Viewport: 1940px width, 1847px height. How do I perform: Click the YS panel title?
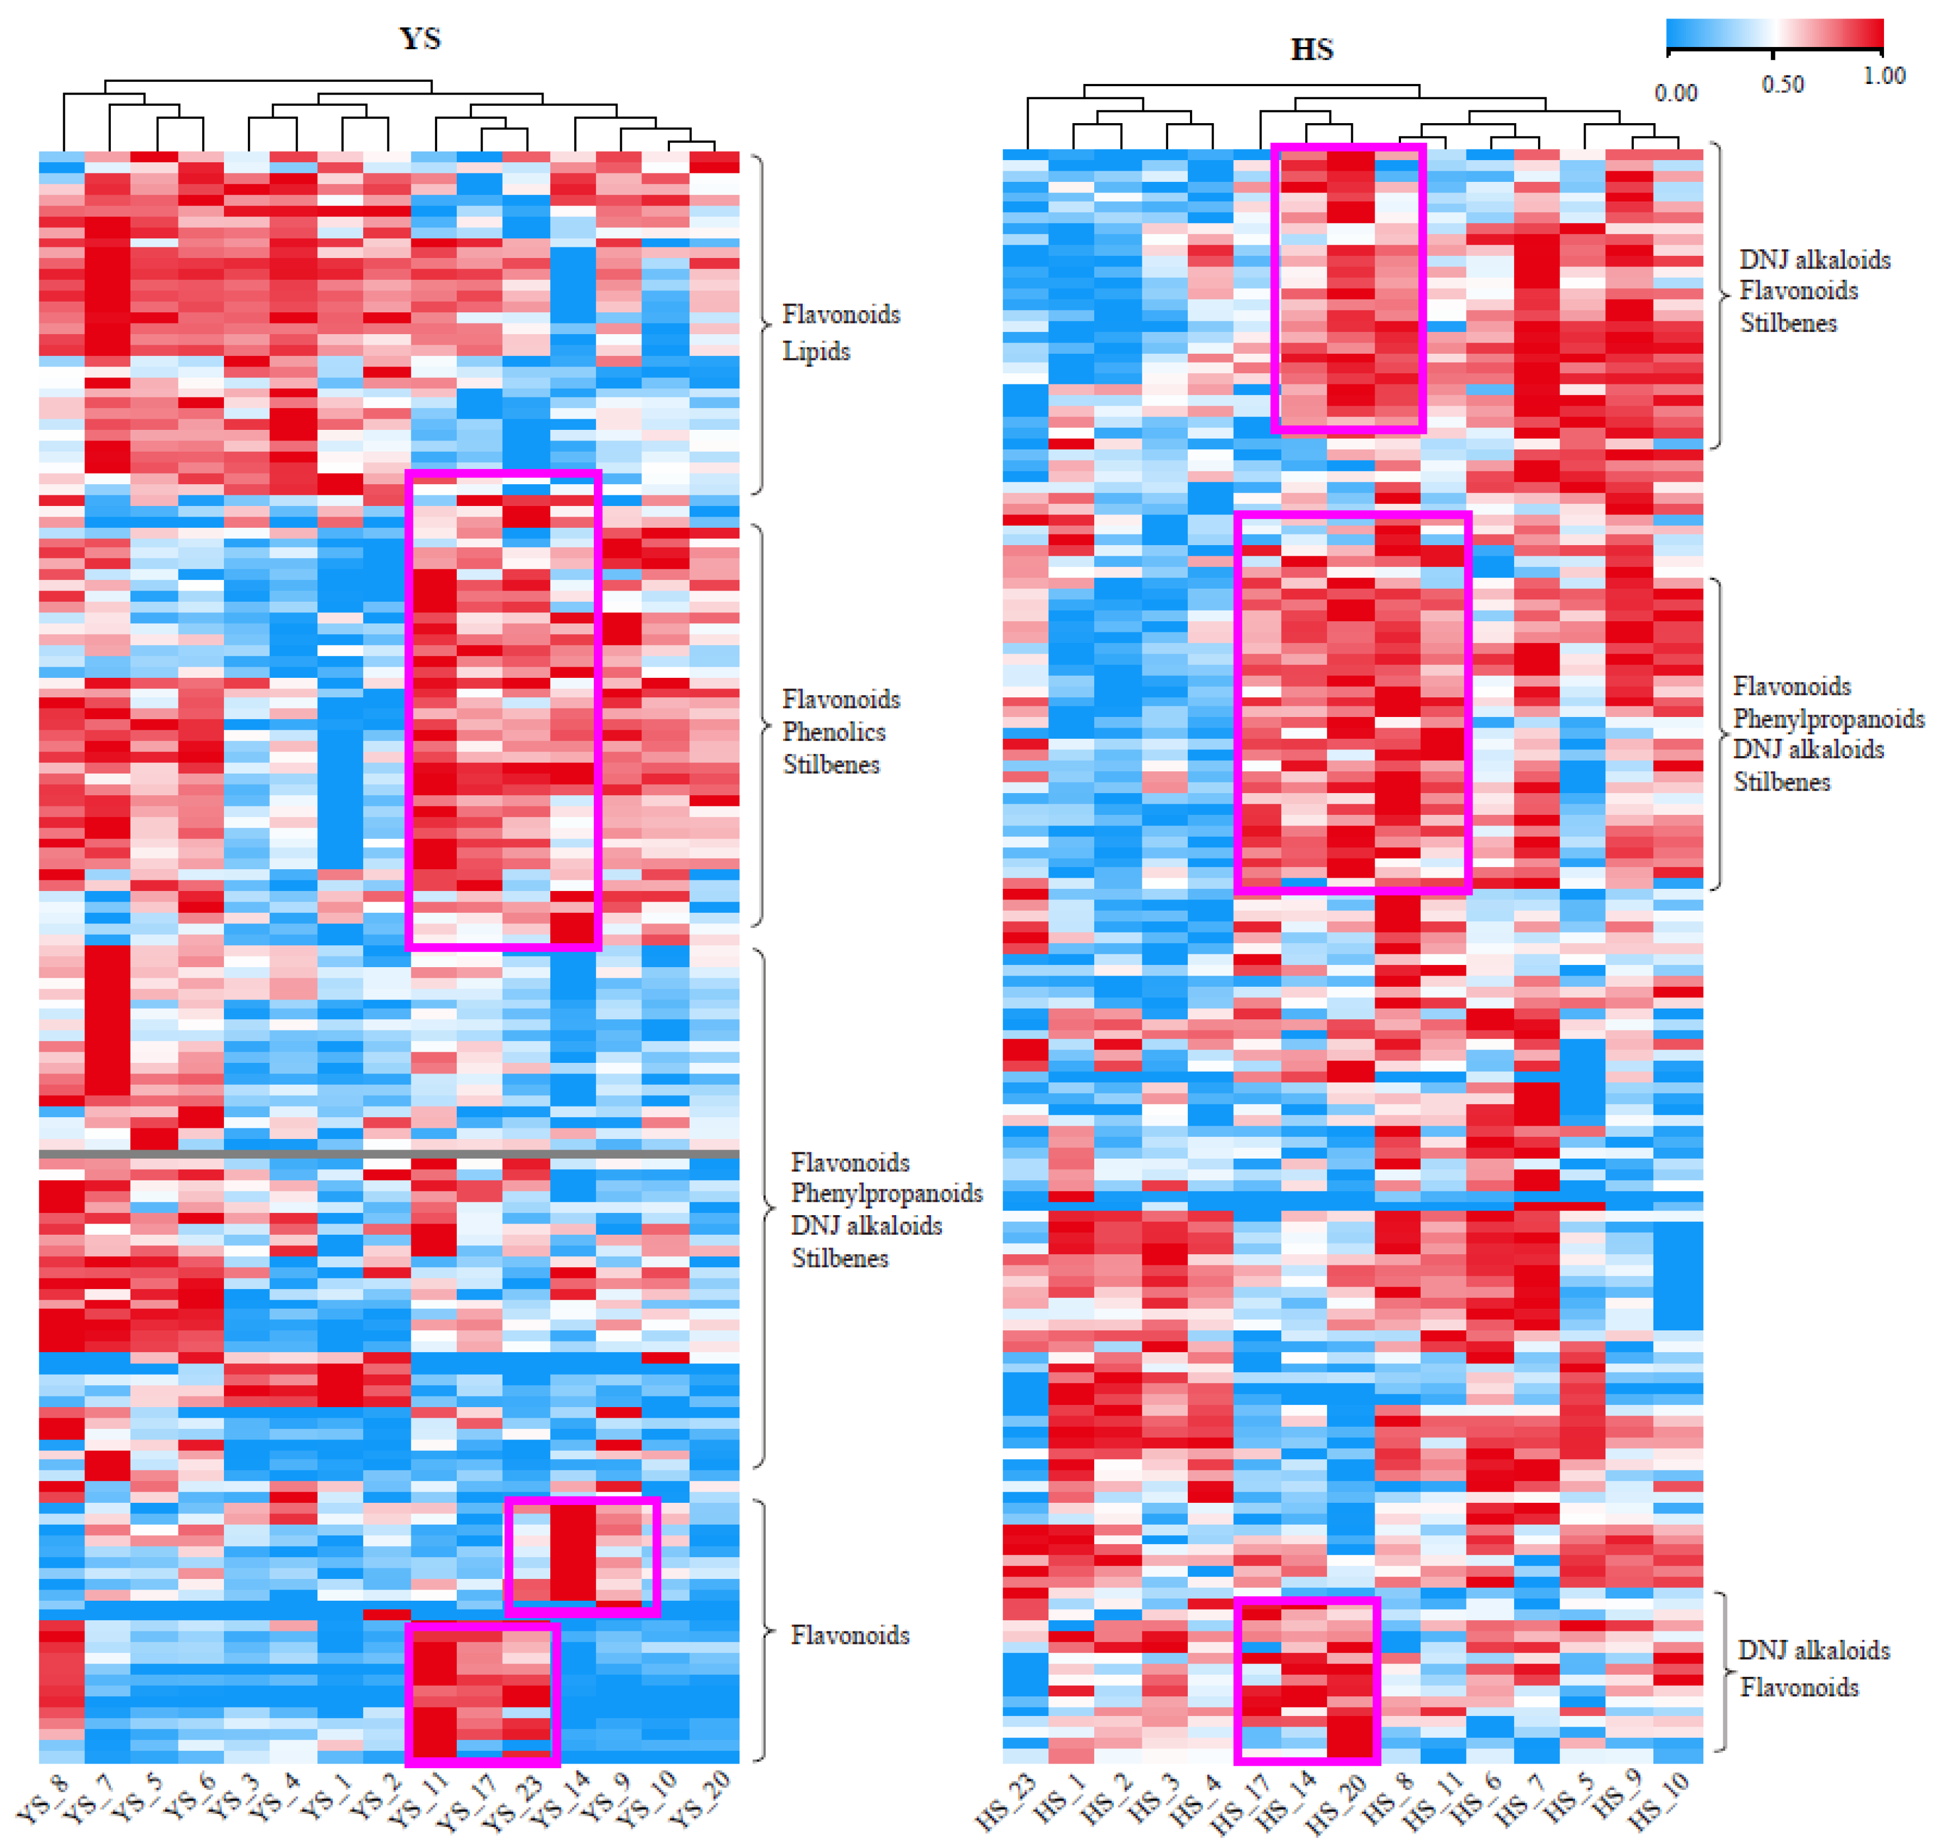pos(420,39)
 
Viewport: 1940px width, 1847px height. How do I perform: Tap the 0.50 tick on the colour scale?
pos(1782,85)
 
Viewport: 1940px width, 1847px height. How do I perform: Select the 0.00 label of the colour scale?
pos(1675,93)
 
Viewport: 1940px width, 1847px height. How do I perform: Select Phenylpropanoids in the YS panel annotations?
pos(886,1193)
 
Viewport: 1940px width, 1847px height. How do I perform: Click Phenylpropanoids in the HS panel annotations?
pos(1827,719)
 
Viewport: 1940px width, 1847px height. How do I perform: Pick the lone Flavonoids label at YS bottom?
pos(849,1635)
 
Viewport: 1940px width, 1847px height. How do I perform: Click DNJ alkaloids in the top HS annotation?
pos(1814,260)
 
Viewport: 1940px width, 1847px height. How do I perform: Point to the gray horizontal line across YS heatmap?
pos(389,1153)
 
